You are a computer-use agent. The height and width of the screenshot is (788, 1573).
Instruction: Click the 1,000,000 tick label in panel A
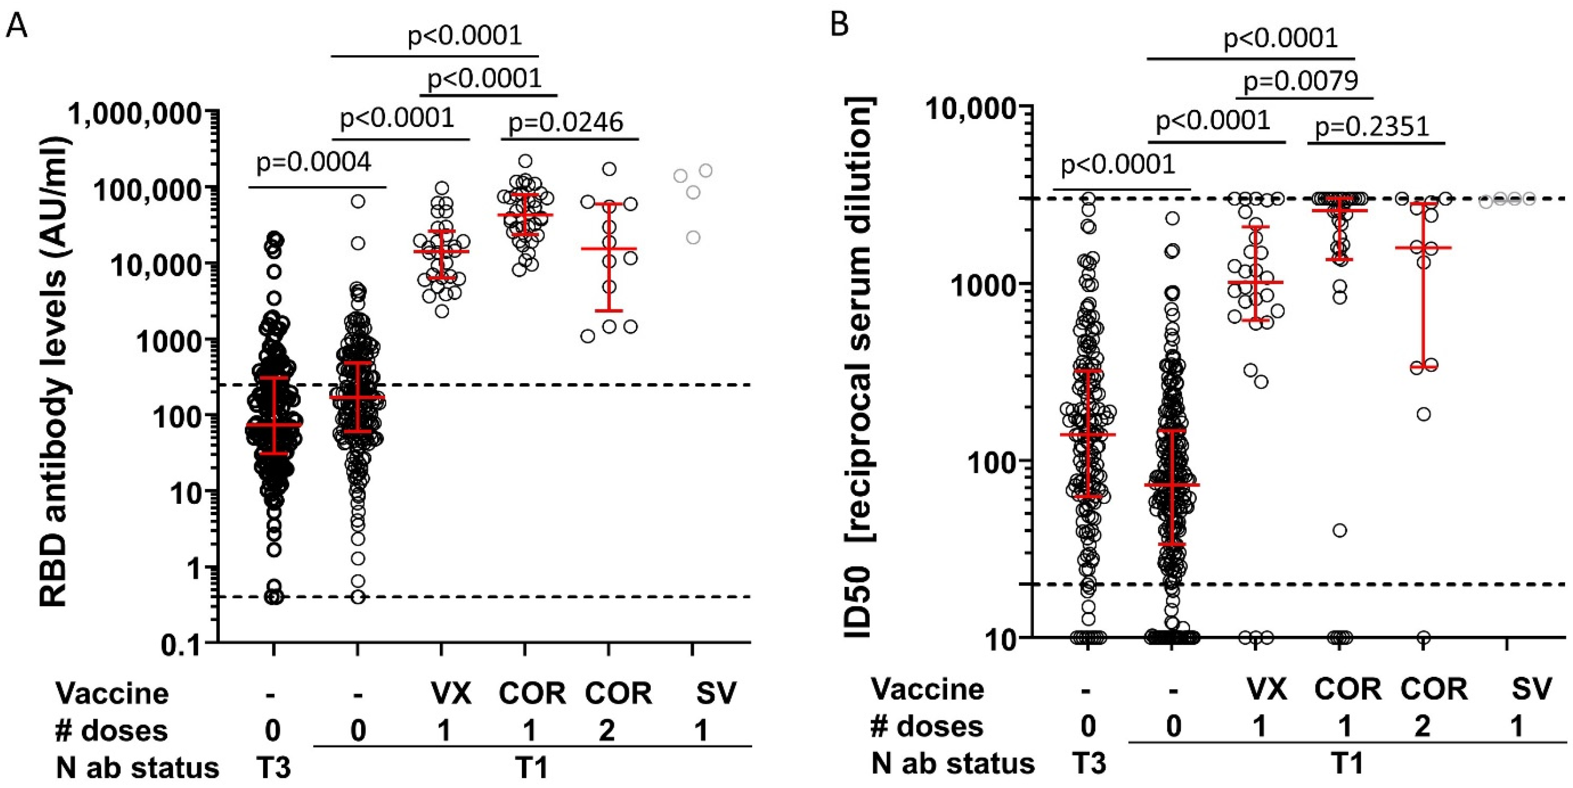[135, 114]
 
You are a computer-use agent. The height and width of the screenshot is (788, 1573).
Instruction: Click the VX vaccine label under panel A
[451, 693]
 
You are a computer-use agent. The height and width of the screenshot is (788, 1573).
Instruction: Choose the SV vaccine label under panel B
[1531, 689]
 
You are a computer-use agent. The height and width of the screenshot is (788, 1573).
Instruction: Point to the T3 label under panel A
[272, 767]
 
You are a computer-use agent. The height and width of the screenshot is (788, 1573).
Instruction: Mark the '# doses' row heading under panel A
[111, 731]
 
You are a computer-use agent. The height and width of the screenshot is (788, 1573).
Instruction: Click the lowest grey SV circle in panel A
[693, 237]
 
